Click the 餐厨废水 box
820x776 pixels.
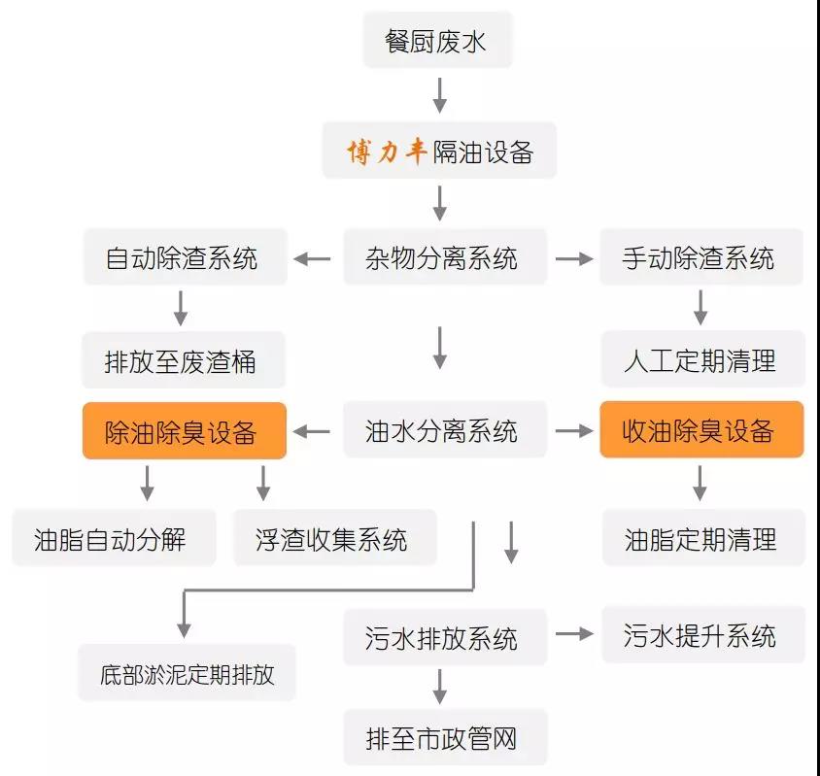point(438,40)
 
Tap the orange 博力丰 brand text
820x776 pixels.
point(387,152)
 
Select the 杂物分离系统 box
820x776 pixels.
point(445,256)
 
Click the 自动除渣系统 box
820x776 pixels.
point(186,256)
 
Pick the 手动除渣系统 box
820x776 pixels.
point(701,256)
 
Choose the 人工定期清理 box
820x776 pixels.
point(702,358)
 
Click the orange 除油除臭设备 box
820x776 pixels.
point(185,431)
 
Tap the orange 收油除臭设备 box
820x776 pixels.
point(701,430)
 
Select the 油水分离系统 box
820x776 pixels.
point(445,430)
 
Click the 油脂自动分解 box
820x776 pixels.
point(114,537)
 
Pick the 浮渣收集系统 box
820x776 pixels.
point(334,537)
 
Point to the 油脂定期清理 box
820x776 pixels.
point(704,537)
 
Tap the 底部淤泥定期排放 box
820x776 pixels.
point(187,672)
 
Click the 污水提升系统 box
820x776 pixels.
point(703,635)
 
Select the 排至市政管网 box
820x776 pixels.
point(446,737)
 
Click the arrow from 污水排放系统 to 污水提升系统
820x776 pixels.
point(574,634)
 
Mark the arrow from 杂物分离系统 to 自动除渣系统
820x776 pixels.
point(312,258)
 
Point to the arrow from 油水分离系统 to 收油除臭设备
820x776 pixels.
point(574,431)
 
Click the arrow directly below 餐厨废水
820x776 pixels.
point(440,96)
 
